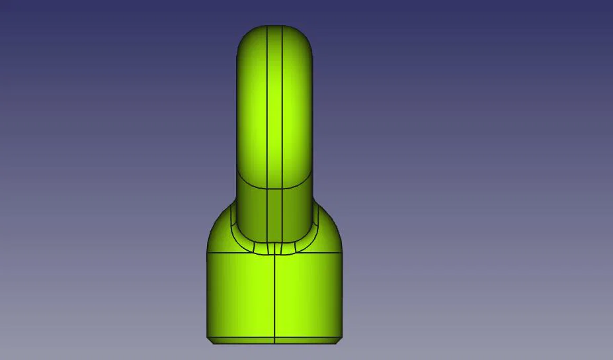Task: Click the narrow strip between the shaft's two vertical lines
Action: coord(274,106)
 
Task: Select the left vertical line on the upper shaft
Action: coord(266,106)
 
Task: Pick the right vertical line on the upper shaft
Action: coord(283,106)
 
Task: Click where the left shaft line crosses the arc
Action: coord(266,189)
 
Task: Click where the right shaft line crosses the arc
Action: coord(283,189)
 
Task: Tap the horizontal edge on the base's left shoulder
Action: coord(228,252)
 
